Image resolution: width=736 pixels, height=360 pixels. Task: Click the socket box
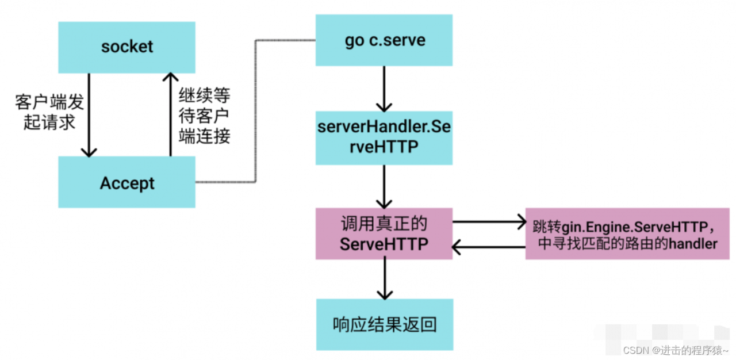point(126,47)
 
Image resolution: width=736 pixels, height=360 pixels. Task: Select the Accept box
point(126,183)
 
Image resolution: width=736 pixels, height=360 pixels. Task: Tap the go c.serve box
point(384,40)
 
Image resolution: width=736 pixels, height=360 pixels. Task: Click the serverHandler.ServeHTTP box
point(384,138)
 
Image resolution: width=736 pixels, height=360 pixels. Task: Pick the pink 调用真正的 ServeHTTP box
point(384,234)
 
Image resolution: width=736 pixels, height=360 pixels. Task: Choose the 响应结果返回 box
point(384,324)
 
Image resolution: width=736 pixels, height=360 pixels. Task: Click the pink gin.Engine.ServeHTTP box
point(627,234)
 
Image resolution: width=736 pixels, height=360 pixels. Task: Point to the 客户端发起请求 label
point(49,113)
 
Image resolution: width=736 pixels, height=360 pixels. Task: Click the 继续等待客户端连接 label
point(205,116)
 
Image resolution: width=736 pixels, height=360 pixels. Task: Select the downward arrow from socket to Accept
point(89,115)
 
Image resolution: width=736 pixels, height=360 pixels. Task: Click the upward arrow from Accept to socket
point(170,115)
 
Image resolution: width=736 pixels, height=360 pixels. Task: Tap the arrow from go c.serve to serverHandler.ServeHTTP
point(384,89)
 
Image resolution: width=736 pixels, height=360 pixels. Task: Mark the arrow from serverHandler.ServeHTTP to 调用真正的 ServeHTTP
point(384,186)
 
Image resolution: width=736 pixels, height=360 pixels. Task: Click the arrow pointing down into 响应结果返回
point(384,279)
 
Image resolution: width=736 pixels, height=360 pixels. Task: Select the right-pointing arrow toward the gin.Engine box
point(489,221)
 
